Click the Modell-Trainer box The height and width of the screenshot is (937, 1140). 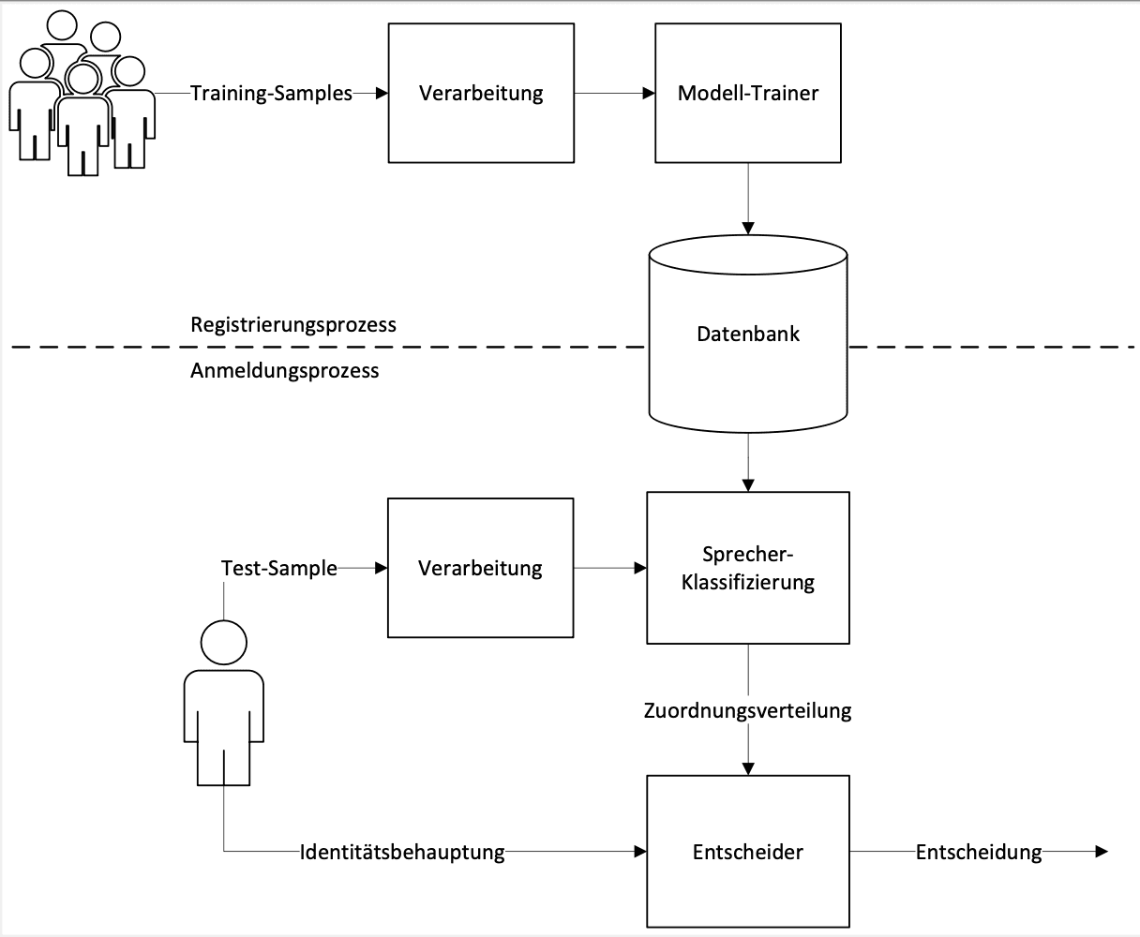coord(747,94)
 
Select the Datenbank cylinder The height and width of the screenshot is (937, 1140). coord(748,335)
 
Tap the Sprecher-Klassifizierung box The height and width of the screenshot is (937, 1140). coord(748,568)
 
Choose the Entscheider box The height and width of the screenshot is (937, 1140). coord(748,852)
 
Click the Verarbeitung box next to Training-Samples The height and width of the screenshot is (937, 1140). coord(480,94)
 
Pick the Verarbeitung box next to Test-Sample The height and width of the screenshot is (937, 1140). coord(480,568)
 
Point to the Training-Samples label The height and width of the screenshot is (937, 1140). coord(272,94)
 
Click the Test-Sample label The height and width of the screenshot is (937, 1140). coord(279,568)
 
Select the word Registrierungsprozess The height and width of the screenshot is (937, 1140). coord(293,325)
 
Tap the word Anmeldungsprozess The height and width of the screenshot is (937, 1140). coord(285,370)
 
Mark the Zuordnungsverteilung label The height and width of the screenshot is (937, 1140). coord(748,710)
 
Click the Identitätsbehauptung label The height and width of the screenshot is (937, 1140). coord(402,853)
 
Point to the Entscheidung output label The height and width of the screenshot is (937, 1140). coord(979,853)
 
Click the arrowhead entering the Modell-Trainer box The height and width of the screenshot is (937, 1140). coord(648,94)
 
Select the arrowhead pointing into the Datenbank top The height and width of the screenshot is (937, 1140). coord(748,228)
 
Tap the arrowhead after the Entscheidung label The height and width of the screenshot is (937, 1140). coord(1102,852)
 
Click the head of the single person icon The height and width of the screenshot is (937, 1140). coord(224,643)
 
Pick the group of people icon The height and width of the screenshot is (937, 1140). coord(82,94)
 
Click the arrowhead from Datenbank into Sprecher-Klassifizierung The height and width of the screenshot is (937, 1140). coord(748,485)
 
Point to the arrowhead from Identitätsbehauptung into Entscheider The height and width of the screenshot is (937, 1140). coord(641,852)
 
